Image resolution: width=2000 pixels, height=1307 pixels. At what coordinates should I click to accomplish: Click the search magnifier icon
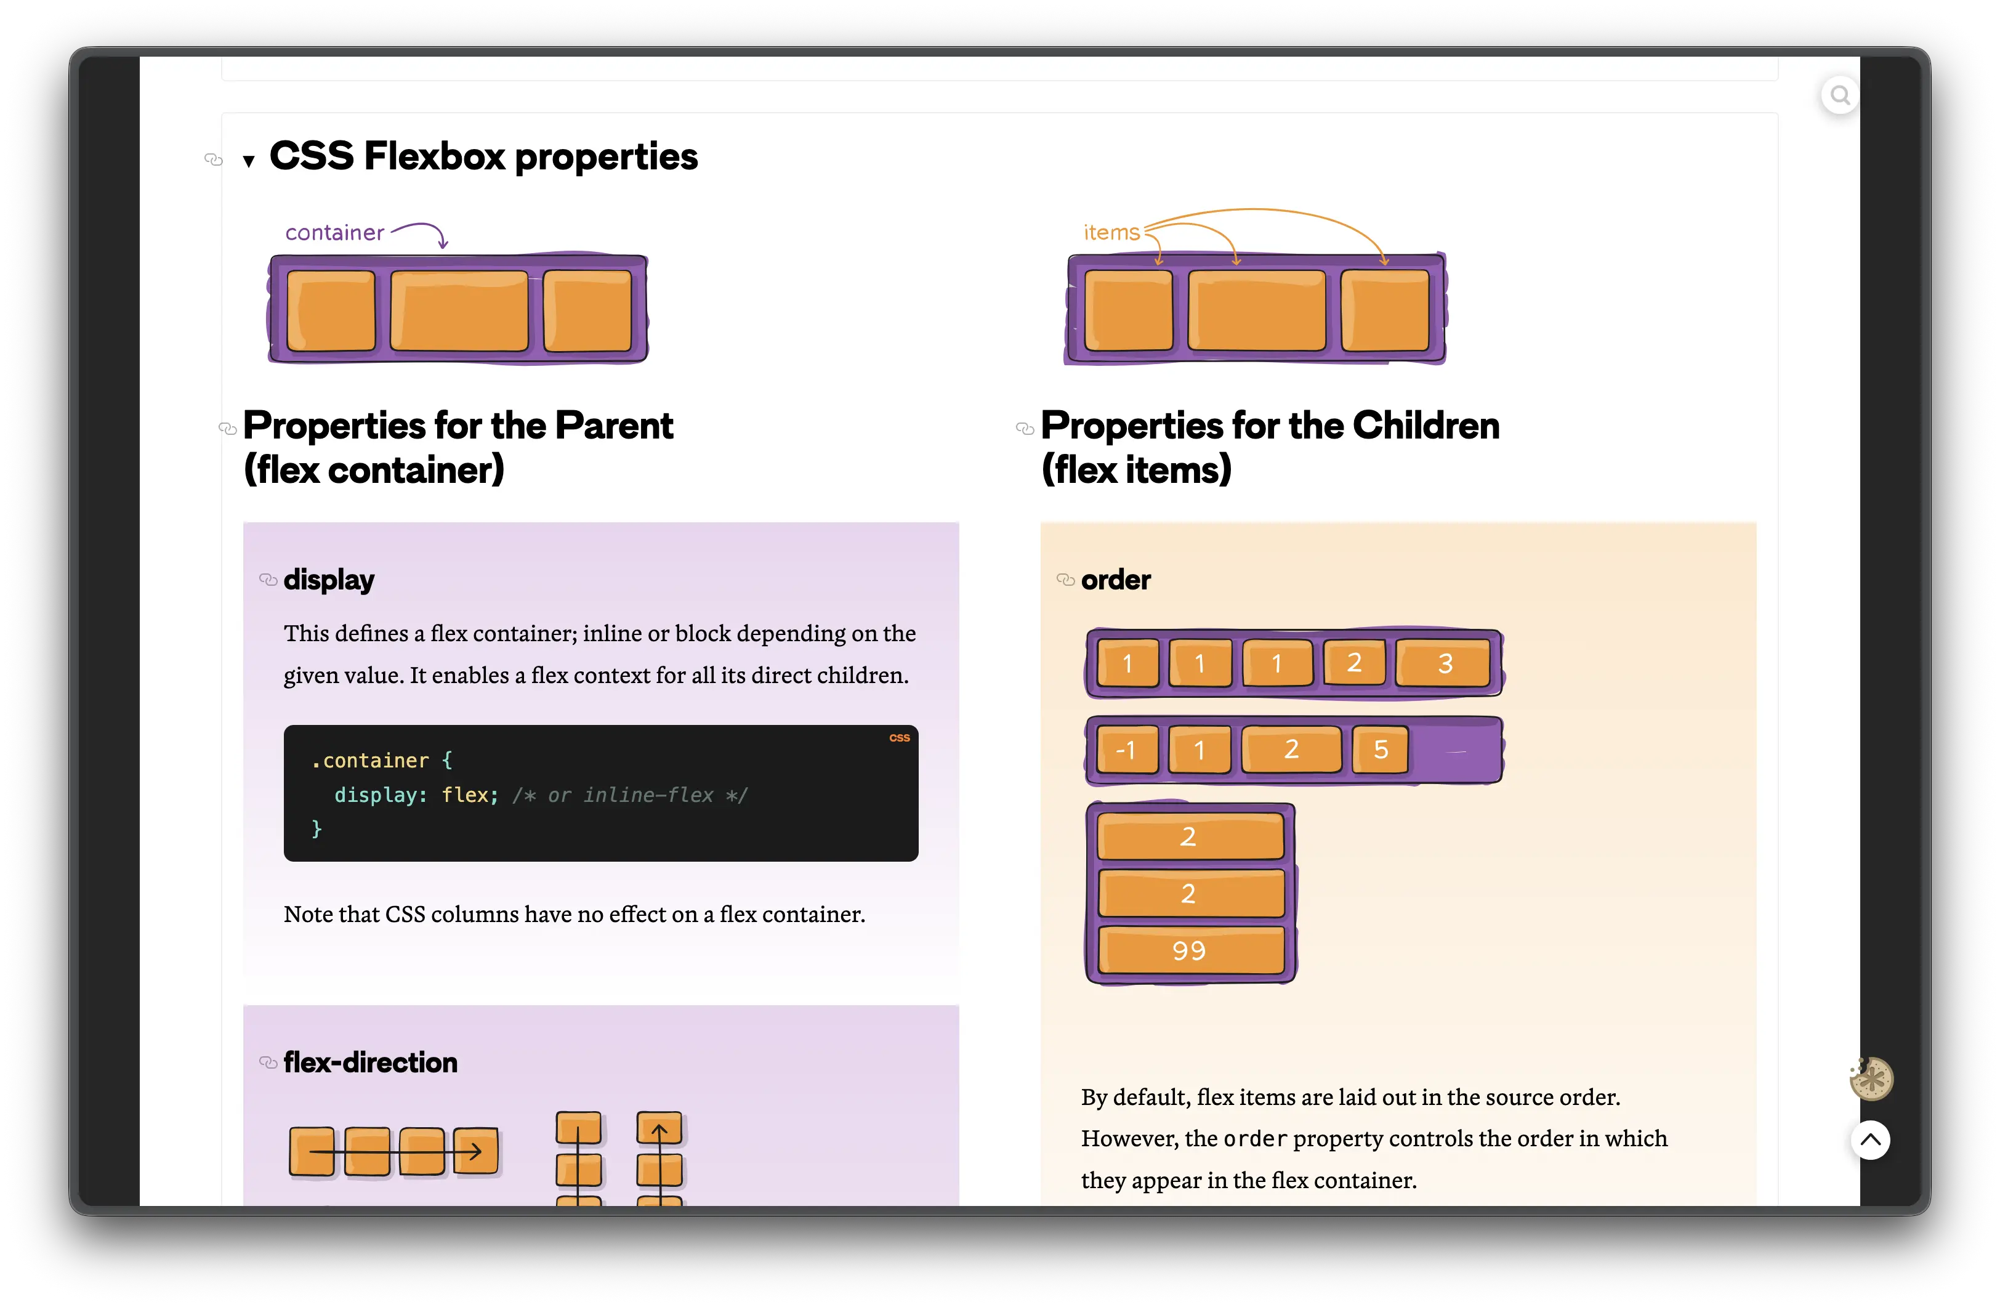pyautogui.click(x=1839, y=95)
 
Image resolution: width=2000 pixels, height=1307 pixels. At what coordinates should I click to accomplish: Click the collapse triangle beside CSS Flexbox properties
pyautogui.click(x=249, y=161)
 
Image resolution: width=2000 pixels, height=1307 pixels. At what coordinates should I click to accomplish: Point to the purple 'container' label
pyautogui.click(x=334, y=232)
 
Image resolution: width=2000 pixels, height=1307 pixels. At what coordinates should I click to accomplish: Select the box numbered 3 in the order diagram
pyautogui.click(x=1444, y=663)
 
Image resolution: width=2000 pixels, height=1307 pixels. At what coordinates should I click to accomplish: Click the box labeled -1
pyautogui.click(x=1127, y=749)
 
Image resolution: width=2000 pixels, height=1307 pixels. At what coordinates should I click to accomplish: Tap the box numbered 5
pyautogui.click(x=1380, y=749)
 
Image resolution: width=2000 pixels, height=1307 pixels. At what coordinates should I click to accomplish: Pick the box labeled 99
pyautogui.click(x=1190, y=950)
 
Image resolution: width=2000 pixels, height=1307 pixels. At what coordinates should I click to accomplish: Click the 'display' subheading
pyautogui.click(x=329, y=580)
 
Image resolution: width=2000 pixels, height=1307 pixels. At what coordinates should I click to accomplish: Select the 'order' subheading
pyautogui.click(x=1115, y=580)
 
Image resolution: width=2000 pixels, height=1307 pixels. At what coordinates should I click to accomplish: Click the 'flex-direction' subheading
pyautogui.click(x=371, y=1062)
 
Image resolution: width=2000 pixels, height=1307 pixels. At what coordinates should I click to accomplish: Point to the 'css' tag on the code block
pyautogui.click(x=899, y=738)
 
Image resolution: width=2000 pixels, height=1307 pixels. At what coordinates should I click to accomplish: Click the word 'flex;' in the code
pyautogui.click(x=470, y=795)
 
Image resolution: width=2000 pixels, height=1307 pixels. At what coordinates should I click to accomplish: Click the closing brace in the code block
pyautogui.click(x=317, y=829)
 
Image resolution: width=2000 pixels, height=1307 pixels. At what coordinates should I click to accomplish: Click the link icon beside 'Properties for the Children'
pyautogui.click(x=1025, y=429)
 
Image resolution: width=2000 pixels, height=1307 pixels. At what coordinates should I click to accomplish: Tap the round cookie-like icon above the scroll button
pyautogui.click(x=1871, y=1078)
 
